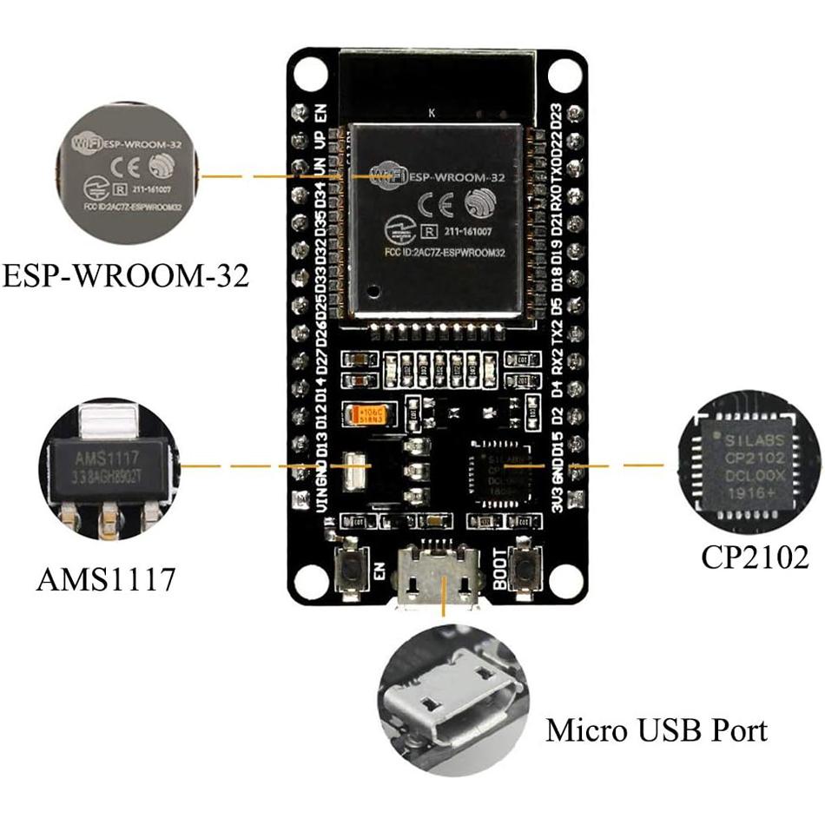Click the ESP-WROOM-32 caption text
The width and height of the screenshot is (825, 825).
click(125, 277)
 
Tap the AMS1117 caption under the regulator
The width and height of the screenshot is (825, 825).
click(106, 578)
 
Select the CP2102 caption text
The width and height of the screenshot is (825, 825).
click(755, 557)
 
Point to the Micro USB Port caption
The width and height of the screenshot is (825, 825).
click(657, 729)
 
